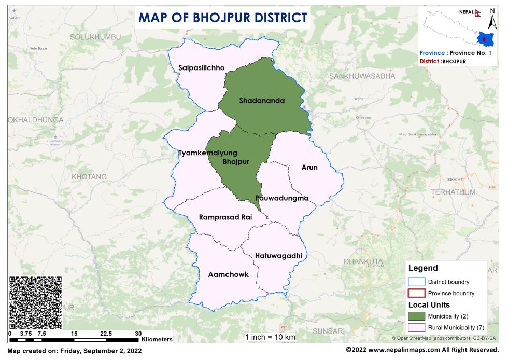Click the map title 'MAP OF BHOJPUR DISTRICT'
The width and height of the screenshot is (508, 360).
click(x=223, y=18)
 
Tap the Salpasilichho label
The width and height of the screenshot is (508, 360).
click(x=202, y=68)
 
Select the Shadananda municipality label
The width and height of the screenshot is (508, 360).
click(x=262, y=101)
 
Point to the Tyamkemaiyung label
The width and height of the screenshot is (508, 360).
click(x=207, y=153)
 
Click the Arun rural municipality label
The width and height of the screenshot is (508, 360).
click(x=309, y=168)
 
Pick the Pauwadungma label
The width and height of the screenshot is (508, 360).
click(x=282, y=198)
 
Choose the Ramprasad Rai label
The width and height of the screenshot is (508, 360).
click(x=225, y=217)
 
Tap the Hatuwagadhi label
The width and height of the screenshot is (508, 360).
click(x=278, y=256)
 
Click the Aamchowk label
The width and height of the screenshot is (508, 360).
click(x=228, y=274)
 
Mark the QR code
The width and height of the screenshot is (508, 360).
click(x=36, y=302)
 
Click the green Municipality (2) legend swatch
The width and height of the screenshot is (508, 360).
click(x=416, y=316)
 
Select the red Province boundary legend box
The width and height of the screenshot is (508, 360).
click(x=416, y=293)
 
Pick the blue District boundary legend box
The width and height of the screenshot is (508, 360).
click(x=416, y=282)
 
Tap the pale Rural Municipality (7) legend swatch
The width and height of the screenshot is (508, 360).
click(x=416, y=327)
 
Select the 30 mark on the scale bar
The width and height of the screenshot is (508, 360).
click(x=138, y=333)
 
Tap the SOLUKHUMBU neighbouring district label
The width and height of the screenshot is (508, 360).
click(x=95, y=37)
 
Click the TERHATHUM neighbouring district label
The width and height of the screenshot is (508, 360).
click(x=450, y=192)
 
